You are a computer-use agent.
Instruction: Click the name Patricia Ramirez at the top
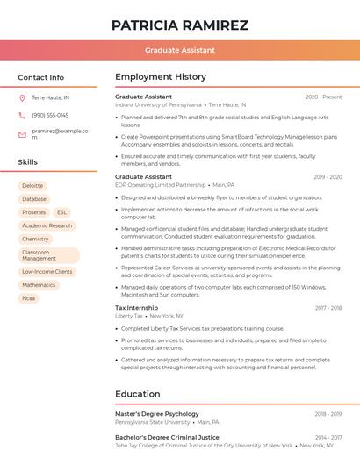click(x=180, y=25)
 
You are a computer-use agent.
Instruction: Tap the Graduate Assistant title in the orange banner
click(x=180, y=50)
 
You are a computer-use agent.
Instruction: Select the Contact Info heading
click(x=41, y=77)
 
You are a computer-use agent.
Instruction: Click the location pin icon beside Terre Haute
click(x=22, y=97)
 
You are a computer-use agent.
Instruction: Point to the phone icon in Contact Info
click(x=22, y=115)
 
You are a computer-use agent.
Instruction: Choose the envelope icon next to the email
click(x=22, y=134)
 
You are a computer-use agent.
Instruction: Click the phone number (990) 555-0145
click(x=50, y=115)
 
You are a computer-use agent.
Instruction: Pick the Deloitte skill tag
click(x=32, y=186)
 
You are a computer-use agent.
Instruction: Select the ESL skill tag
click(x=61, y=212)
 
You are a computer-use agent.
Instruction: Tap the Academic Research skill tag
click(x=47, y=225)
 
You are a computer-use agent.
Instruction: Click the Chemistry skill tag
click(x=35, y=239)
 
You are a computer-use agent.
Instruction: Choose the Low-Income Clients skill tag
click(x=47, y=272)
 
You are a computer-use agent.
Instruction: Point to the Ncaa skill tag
click(x=29, y=298)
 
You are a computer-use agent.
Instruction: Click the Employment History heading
click(x=161, y=77)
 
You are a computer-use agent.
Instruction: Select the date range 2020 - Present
click(x=323, y=97)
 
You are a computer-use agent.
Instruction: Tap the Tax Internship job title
click(x=137, y=308)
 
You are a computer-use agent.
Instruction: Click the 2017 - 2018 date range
click(x=328, y=308)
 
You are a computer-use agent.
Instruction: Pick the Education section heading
click(x=137, y=394)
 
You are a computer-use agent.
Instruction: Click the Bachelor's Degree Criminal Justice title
click(x=167, y=437)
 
